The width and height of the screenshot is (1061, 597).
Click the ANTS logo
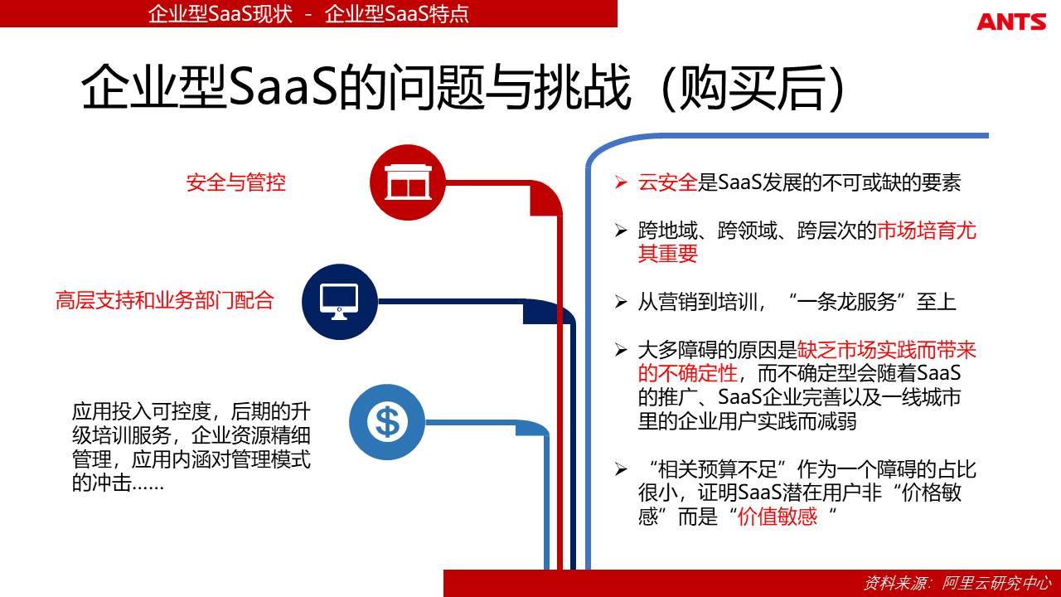pyautogui.click(x=1011, y=22)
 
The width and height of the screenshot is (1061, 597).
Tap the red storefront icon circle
pyautogui.click(x=408, y=182)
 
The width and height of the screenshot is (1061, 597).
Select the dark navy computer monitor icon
pyautogui.click(x=340, y=302)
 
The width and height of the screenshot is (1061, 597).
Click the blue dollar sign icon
pyautogui.click(x=387, y=422)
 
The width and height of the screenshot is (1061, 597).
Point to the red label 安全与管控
pyautogui.click(x=236, y=183)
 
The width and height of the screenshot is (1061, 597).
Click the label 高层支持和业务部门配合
pyautogui.click(x=165, y=300)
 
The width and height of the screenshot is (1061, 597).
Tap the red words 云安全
pyautogui.click(x=667, y=182)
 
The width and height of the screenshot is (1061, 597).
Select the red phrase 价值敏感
pyautogui.click(x=778, y=517)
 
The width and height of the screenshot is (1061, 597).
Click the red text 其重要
pyautogui.click(x=667, y=254)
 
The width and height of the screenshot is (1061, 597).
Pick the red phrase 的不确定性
pyautogui.click(x=688, y=373)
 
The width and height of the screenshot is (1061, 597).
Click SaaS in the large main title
pyautogui.click(x=283, y=89)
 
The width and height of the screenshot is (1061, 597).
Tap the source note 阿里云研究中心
pyautogui.click(x=996, y=583)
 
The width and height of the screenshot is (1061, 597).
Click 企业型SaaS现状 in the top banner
pyautogui.click(x=220, y=14)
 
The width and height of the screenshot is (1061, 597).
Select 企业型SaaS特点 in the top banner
pyautogui.click(x=397, y=14)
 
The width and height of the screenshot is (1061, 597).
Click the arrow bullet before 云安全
pyautogui.click(x=621, y=182)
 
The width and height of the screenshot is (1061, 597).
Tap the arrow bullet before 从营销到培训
pyautogui.click(x=621, y=302)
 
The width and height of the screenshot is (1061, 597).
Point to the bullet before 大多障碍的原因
pyautogui.click(x=621, y=350)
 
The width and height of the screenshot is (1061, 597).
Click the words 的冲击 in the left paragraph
pyautogui.click(x=101, y=483)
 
